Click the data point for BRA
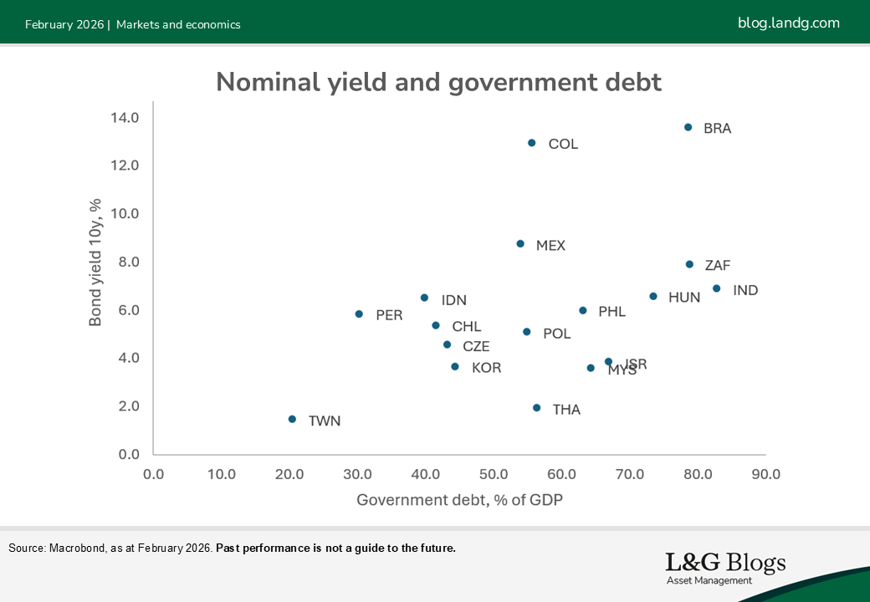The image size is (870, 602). point(688,127)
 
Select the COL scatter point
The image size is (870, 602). point(531,143)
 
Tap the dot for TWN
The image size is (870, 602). point(292,419)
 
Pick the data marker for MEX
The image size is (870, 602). point(520,244)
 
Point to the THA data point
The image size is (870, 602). point(536,408)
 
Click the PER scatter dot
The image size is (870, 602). point(359,314)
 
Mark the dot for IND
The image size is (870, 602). point(716,288)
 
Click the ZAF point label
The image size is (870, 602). point(718,266)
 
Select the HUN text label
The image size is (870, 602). point(684,298)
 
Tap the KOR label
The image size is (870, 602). point(486,368)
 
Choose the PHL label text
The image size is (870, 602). point(612,312)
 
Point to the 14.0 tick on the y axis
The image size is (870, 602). point(124,117)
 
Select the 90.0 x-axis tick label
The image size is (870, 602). point(765,474)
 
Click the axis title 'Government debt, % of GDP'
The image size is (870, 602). point(459,500)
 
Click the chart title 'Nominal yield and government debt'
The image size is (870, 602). point(438,82)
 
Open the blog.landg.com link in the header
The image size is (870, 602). point(788,23)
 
